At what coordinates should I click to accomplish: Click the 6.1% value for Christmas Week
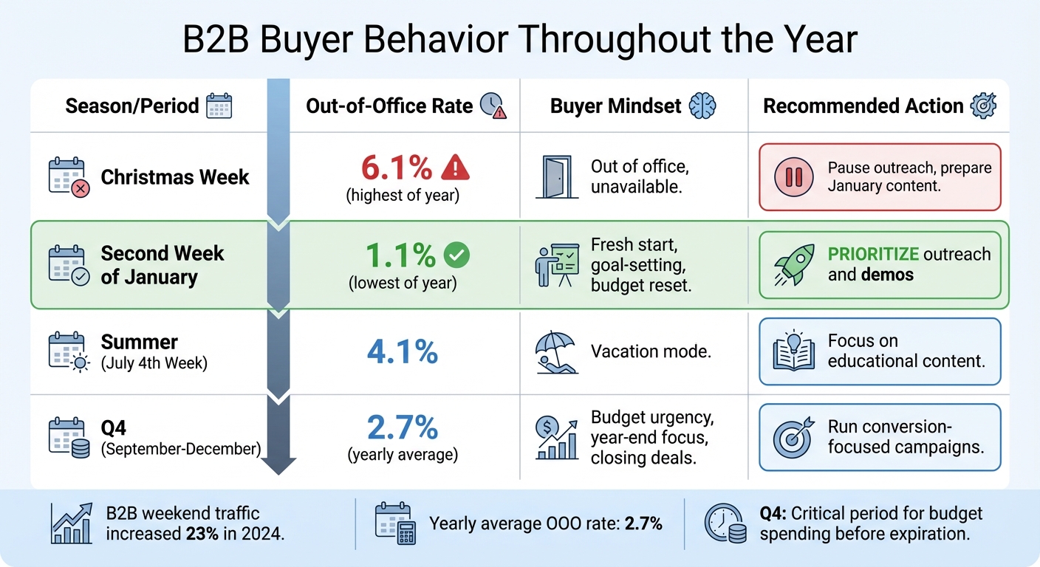tap(396, 169)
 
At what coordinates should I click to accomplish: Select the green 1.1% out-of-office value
tap(402, 255)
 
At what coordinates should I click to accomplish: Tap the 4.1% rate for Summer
tap(403, 351)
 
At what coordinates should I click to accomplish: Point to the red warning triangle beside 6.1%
tap(455, 169)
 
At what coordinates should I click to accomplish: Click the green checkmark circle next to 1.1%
tap(456, 255)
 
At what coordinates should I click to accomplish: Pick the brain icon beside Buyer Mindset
tap(702, 106)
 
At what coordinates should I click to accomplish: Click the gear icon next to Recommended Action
tap(983, 106)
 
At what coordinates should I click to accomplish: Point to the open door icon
tap(555, 177)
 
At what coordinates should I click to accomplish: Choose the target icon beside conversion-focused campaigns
tap(793, 437)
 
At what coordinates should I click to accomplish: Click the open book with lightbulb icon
tap(793, 351)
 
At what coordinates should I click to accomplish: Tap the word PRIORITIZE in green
tap(873, 255)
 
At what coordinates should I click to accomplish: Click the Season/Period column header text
tap(132, 106)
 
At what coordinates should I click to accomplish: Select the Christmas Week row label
tap(175, 177)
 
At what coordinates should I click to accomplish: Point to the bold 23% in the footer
tap(202, 533)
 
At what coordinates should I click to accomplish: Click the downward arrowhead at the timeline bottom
tap(278, 465)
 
